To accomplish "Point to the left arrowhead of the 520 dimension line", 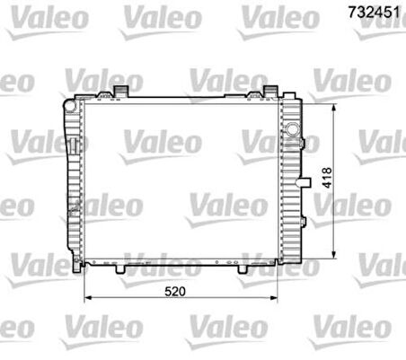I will click(87, 299).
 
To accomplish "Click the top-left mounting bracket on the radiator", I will click(120, 91).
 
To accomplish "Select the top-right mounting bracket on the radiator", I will click(269, 91).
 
